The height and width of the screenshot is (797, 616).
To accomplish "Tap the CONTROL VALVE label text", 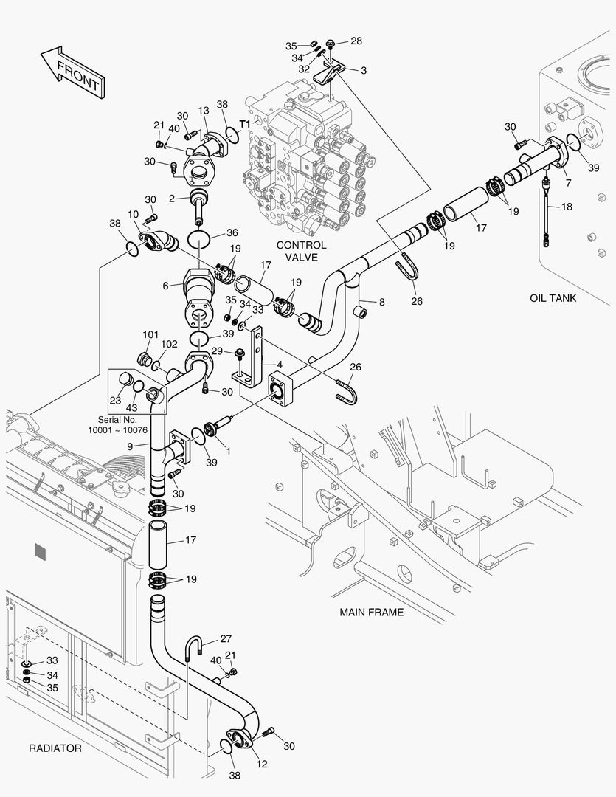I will click(301, 251).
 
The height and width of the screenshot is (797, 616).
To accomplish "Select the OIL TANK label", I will click(553, 298).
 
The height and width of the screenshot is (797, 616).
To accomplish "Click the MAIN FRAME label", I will click(371, 613).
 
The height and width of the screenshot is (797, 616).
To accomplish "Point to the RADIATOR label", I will click(55, 748).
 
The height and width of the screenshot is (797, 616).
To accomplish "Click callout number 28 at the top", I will click(356, 41).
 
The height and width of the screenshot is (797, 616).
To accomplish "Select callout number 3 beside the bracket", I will click(363, 70).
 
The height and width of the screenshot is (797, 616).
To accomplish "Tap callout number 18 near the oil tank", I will click(567, 207).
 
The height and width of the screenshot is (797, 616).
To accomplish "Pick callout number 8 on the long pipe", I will click(381, 302).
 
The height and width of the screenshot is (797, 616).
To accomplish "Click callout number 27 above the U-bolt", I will click(226, 639).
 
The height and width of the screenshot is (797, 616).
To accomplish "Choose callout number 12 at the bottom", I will click(262, 765).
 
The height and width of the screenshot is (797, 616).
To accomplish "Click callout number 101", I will click(150, 334).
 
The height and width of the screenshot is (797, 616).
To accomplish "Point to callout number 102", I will click(169, 344).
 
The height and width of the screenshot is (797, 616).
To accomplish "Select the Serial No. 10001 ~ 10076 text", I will click(118, 425).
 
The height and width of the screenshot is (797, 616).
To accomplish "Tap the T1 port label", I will click(244, 124).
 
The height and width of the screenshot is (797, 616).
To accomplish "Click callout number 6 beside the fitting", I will click(167, 286).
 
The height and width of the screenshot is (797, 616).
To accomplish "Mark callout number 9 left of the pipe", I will click(130, 446).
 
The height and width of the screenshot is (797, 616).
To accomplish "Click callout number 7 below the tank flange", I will click(567, 182).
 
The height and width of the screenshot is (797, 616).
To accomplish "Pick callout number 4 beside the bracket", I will click(280, 364).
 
